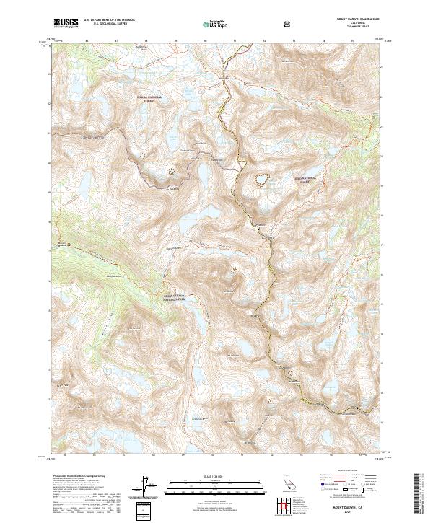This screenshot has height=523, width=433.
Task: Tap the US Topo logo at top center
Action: pyautogui.click(x=216, y=24)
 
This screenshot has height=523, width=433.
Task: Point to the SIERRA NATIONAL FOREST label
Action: pyautogui.click(x=149, y=98)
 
